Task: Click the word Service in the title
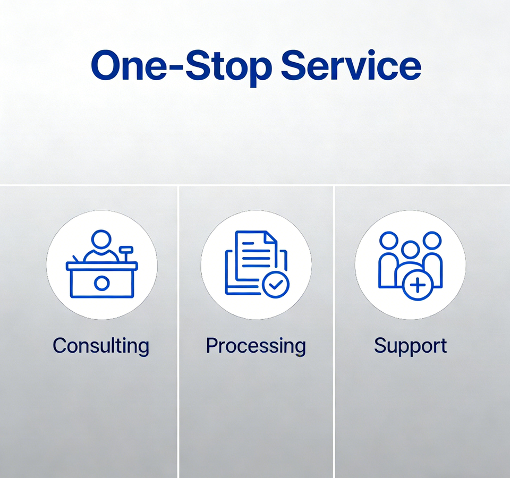(x=351, y=65)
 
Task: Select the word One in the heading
(x=129, y=65)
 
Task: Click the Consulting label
(x=101, y=346)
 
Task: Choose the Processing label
(x=256, y=346)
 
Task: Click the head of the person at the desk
(x=101, y=239)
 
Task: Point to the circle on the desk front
(x=101, y=283)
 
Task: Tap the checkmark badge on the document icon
(x=276, y=285)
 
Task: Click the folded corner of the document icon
(x=271, y=237)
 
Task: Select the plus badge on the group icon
(x=418, y=285)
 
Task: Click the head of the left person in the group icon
(x=389, y=241)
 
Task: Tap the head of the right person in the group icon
(x=432, y=241)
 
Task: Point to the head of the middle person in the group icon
(x=411, y=250)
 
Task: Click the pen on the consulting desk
(x=76, y=259)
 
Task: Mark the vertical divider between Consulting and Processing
(x=178, y=331)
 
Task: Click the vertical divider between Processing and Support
(x=334, y=331)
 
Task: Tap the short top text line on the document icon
(x=248, y=243)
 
